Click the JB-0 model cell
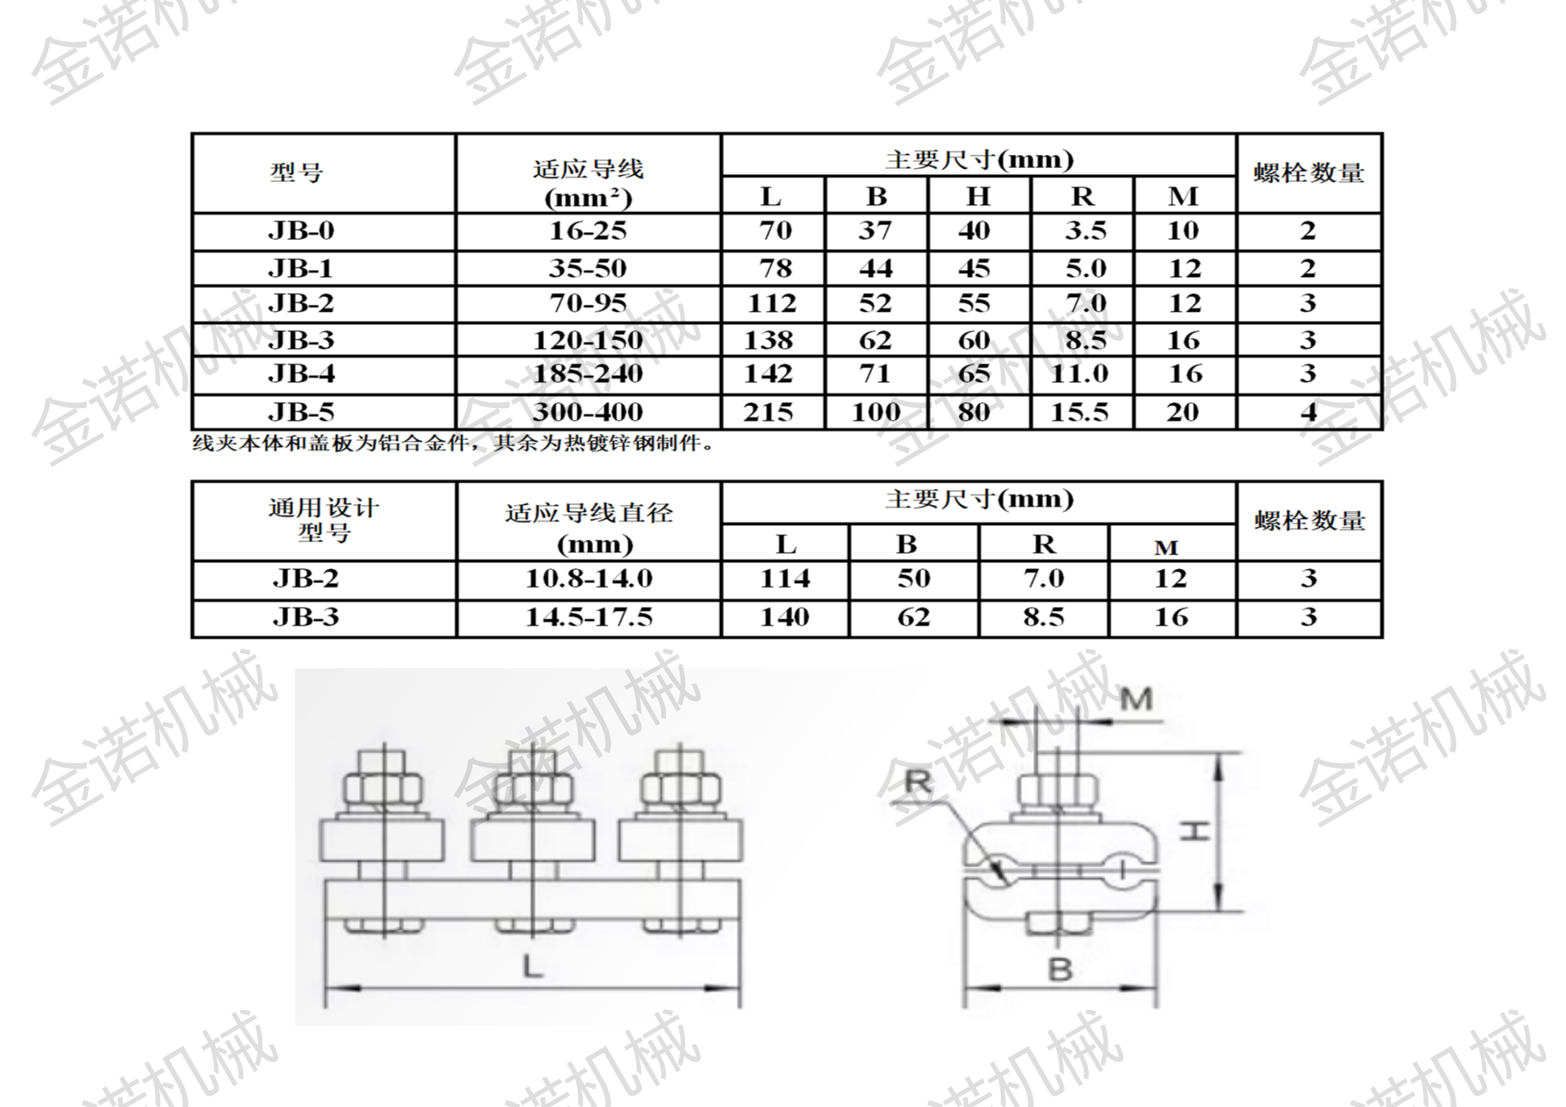(x=301, y=231)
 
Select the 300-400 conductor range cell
(x=588, y=412)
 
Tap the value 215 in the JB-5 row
(x=768, y=412)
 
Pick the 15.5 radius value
(x=1080, y=412)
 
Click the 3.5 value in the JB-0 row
(x=1085, y=231)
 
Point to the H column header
(x=978, y=197)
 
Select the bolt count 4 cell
(x=1309, y=412)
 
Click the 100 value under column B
(x=876, y=412)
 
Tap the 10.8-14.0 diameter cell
(x=589, y=578)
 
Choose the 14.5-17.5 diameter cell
(x=589, y=617)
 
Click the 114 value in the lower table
(x=785, y=578)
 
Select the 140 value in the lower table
(x=785, y=617)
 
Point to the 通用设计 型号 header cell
(x=324, y=520)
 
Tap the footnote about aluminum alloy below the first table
(x=453, y=444)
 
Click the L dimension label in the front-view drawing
(x=533, y=967)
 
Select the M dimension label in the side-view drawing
(x=1136, y=699)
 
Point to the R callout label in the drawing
(x=918, y=783)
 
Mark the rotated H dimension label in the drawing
(x=1194, y=831)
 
